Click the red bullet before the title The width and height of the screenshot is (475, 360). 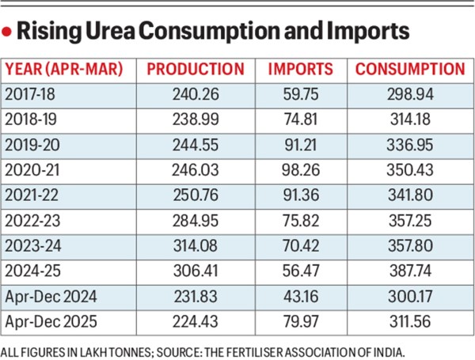(x=9, y=33)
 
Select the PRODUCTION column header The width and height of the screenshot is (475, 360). (x=196, y=69)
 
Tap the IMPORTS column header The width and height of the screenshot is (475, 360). (x=300, y=69)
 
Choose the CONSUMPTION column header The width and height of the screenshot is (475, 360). (x=409, y=69)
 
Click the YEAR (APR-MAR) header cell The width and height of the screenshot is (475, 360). (x=65, y=69)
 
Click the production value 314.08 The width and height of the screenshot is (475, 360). (x=195, y=246)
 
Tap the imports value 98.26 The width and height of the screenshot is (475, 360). (x=299, y=170)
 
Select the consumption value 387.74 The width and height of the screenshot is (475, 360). (x=409, y=271)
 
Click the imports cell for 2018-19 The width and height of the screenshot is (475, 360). (x=299, y=119)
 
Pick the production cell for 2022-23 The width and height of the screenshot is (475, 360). (x=195, y=221)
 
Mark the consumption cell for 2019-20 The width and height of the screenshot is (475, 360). (x=409, y=145)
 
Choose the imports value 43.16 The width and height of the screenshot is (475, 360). (x=299, y=297)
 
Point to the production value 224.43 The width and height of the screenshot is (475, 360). (x=195, y=322)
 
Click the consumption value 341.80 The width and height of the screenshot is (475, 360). (x=409, y=195)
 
